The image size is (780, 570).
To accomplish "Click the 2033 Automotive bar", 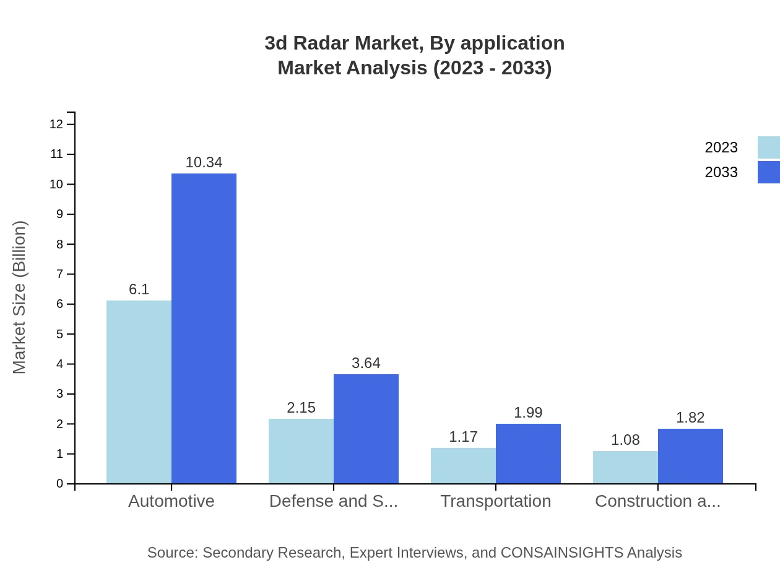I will coord(204,328).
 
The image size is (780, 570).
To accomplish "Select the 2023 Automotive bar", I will coord(139,392).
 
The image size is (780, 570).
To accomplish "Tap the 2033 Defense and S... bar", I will coord(366,429).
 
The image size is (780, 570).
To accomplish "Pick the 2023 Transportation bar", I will coord(463,465).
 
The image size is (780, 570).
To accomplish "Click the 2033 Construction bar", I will coord(690,456).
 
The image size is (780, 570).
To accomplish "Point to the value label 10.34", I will coord(204,162).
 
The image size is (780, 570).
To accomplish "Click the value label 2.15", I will coord(301,408).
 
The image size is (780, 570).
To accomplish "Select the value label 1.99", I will coord(528,413).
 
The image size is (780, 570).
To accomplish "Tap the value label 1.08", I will coord(625,440).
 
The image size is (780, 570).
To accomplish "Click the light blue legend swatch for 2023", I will coord(768,147).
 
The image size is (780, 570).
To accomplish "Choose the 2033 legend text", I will coord(721,172).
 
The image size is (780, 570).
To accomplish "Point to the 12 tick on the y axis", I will coord(56,125).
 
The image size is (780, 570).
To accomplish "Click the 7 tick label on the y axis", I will coord(60,274).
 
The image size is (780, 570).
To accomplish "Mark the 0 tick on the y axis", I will coord(60,484).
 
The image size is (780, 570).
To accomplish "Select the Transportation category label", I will coord(496,501).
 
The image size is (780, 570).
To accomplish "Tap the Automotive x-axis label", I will coord(171,501).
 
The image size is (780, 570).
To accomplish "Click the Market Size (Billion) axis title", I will coord(19,297).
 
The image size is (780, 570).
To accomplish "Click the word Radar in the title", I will coord(319,43).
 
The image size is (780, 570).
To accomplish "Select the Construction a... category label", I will coord(657,501).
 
